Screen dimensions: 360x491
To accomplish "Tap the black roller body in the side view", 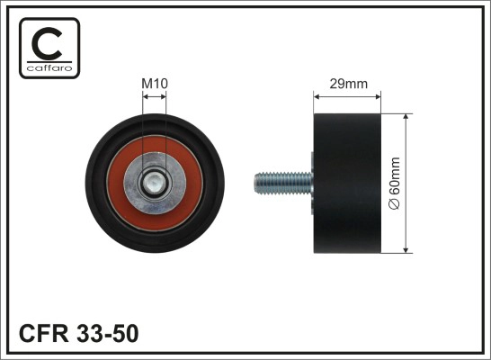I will tap(347, 185).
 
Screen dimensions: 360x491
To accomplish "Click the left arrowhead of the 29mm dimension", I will tap(316, 95).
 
